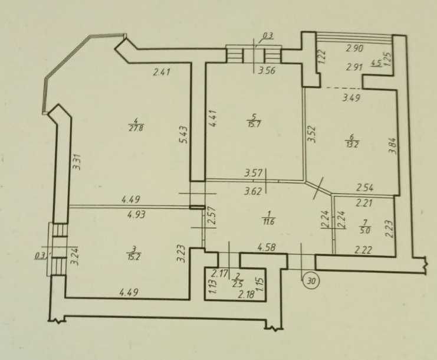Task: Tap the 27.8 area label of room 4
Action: [136, 128]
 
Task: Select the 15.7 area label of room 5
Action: [254, 123]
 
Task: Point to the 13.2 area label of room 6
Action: [352, 145]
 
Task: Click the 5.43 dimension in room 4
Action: [185, 135]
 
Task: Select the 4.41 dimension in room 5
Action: [213, 119]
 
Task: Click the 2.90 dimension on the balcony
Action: [355, 48]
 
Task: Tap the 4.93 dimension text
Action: [136, 215]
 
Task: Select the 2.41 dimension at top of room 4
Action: [162, 73]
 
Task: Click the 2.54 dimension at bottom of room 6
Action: [365, 187]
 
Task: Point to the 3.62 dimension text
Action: [254, 192]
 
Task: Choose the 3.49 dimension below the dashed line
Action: [351, 97]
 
